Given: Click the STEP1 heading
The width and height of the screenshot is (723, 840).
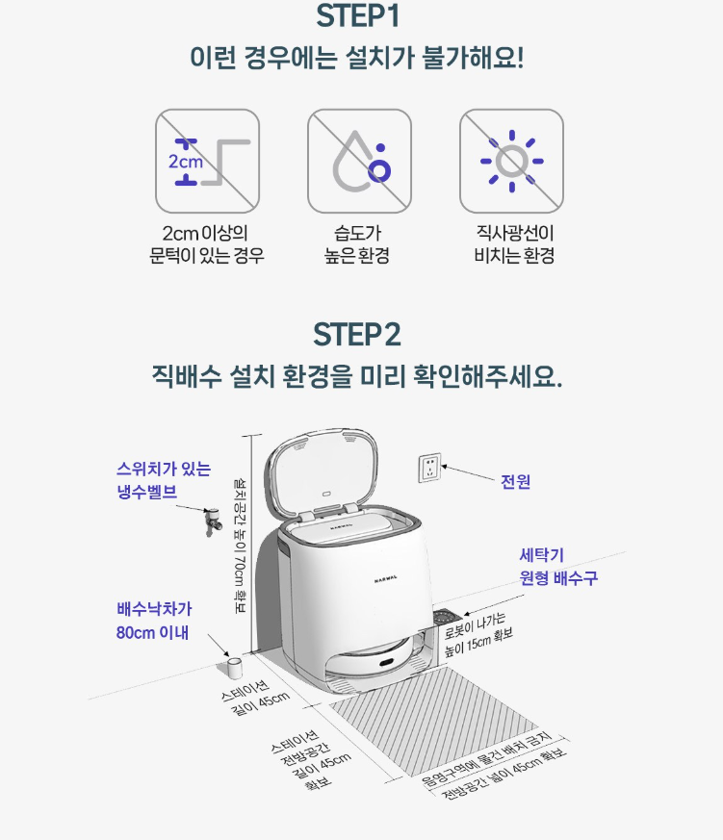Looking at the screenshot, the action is coord(357,15).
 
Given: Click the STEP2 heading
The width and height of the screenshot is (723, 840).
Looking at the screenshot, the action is coord(357,335).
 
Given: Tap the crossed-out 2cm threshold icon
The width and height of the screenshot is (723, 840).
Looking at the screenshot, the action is coord(207,162).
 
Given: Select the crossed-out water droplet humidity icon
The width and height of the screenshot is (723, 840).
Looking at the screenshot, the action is coord(360,162).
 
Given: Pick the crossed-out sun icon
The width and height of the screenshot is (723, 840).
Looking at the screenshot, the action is coord(512,162).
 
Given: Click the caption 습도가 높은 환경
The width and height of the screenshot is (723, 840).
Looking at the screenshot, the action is coord(357,244).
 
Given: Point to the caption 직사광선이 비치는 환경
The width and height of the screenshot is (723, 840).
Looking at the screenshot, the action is coord(514,244).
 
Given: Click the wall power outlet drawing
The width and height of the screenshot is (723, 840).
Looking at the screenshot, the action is coord(429,468).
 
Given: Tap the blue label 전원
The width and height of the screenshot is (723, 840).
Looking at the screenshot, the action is coord(516,482).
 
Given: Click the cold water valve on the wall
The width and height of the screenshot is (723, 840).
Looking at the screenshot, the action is coord(213,522).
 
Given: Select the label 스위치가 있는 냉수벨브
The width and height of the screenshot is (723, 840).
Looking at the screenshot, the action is coord(164,480).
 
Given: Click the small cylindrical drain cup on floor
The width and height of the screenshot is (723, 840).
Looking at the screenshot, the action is coord(233,668).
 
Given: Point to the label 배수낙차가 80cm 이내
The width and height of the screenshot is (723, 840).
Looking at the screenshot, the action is coord(154,621).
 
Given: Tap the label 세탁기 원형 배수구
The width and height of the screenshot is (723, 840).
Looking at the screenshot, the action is coord(558,567).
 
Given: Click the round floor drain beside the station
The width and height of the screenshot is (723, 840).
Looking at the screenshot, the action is coord(449,617).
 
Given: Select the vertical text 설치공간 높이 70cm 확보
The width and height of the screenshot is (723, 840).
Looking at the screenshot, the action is coord(240,545).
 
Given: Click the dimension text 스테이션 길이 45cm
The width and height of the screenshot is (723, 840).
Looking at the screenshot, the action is coord(255,698).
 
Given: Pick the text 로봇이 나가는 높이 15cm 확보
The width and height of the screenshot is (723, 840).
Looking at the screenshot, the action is coord(478,635).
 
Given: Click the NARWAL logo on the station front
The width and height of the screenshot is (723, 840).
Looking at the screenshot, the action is coord(386,578).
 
